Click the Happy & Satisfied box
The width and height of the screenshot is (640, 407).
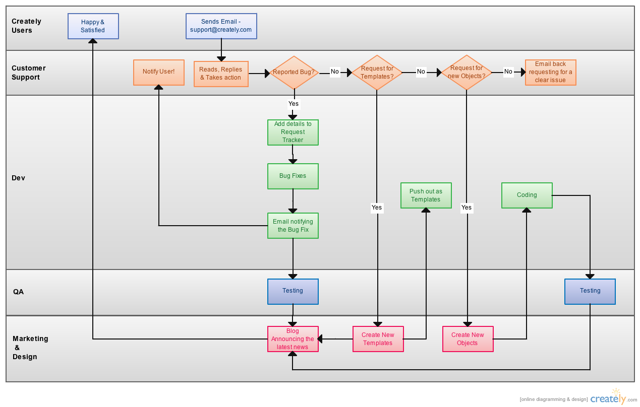93,26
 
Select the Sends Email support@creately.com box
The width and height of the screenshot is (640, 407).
221,26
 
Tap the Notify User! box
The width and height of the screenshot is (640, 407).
158,72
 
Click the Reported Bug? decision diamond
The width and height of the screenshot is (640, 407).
294,73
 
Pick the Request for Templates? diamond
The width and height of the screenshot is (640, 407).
377,73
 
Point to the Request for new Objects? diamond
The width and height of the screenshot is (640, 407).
467,73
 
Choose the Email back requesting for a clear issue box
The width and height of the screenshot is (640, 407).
551,72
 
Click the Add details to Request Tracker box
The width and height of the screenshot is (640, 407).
293,132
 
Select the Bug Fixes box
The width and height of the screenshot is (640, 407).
293,176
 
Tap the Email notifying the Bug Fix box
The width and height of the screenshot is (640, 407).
293,226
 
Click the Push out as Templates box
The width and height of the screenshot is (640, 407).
426,195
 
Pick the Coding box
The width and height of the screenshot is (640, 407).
527,195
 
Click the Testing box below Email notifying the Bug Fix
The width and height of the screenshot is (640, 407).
293,292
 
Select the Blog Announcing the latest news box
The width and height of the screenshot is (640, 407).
293,339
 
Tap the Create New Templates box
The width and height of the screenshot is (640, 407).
378,339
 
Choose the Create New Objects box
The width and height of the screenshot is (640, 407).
468,339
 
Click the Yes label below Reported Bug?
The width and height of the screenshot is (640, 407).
294,104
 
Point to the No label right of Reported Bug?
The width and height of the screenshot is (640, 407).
334,72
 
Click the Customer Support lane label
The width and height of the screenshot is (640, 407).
29,73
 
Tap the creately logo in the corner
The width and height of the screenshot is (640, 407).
609,398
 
